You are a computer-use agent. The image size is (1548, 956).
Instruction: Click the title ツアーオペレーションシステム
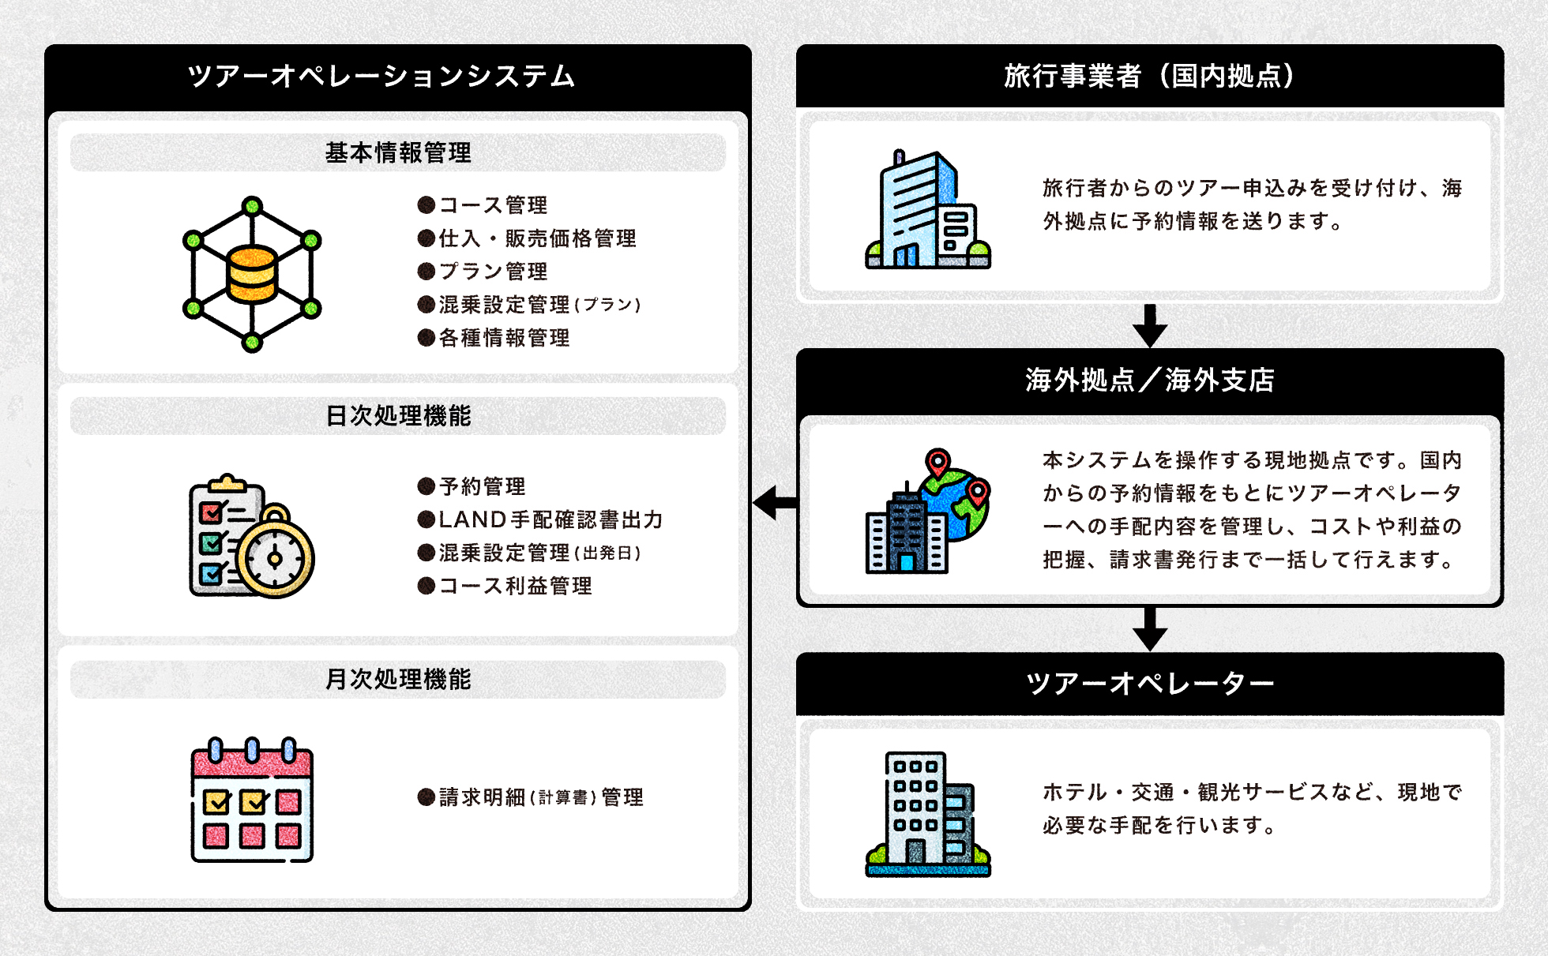click(381, 77)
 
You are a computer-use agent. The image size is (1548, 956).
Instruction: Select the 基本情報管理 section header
click(398, 152)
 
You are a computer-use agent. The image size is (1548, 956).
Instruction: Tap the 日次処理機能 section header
click(398, 416)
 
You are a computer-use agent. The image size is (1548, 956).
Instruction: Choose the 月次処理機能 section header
click(398, 679)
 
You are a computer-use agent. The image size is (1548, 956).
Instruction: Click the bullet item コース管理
click(493, 205)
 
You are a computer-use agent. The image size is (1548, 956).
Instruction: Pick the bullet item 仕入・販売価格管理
click(537, 238)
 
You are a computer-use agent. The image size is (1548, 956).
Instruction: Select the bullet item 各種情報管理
click(504, 338)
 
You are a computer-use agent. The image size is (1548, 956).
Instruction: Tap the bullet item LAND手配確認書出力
click(550, 519)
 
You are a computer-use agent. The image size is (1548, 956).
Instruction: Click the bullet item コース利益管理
click(515, 586)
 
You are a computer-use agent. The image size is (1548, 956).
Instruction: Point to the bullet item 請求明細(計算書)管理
click(541, 797)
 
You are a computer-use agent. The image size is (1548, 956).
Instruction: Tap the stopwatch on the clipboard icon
click(275, 557)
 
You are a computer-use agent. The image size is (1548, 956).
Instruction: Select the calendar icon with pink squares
click(252, 801)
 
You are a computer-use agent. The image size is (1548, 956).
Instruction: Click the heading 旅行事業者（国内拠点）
click(1149, 77)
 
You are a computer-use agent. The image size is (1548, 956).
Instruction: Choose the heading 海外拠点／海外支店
click(1149, 381)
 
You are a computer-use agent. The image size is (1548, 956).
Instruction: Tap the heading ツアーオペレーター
click(1149, 684)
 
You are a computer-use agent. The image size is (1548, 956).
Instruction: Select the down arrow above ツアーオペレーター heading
click(1150, 630)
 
